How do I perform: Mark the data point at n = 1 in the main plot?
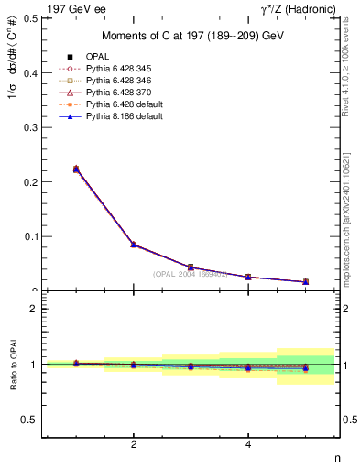click(x=76, y=169)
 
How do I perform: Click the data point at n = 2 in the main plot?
click(x=134, y=245)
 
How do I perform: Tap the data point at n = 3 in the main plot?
click(x=191, y=267)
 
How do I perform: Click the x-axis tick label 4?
click(x=248, y=445)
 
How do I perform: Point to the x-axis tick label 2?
click(x=134, y=445)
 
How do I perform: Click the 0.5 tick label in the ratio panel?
click(x=29, y=420)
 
